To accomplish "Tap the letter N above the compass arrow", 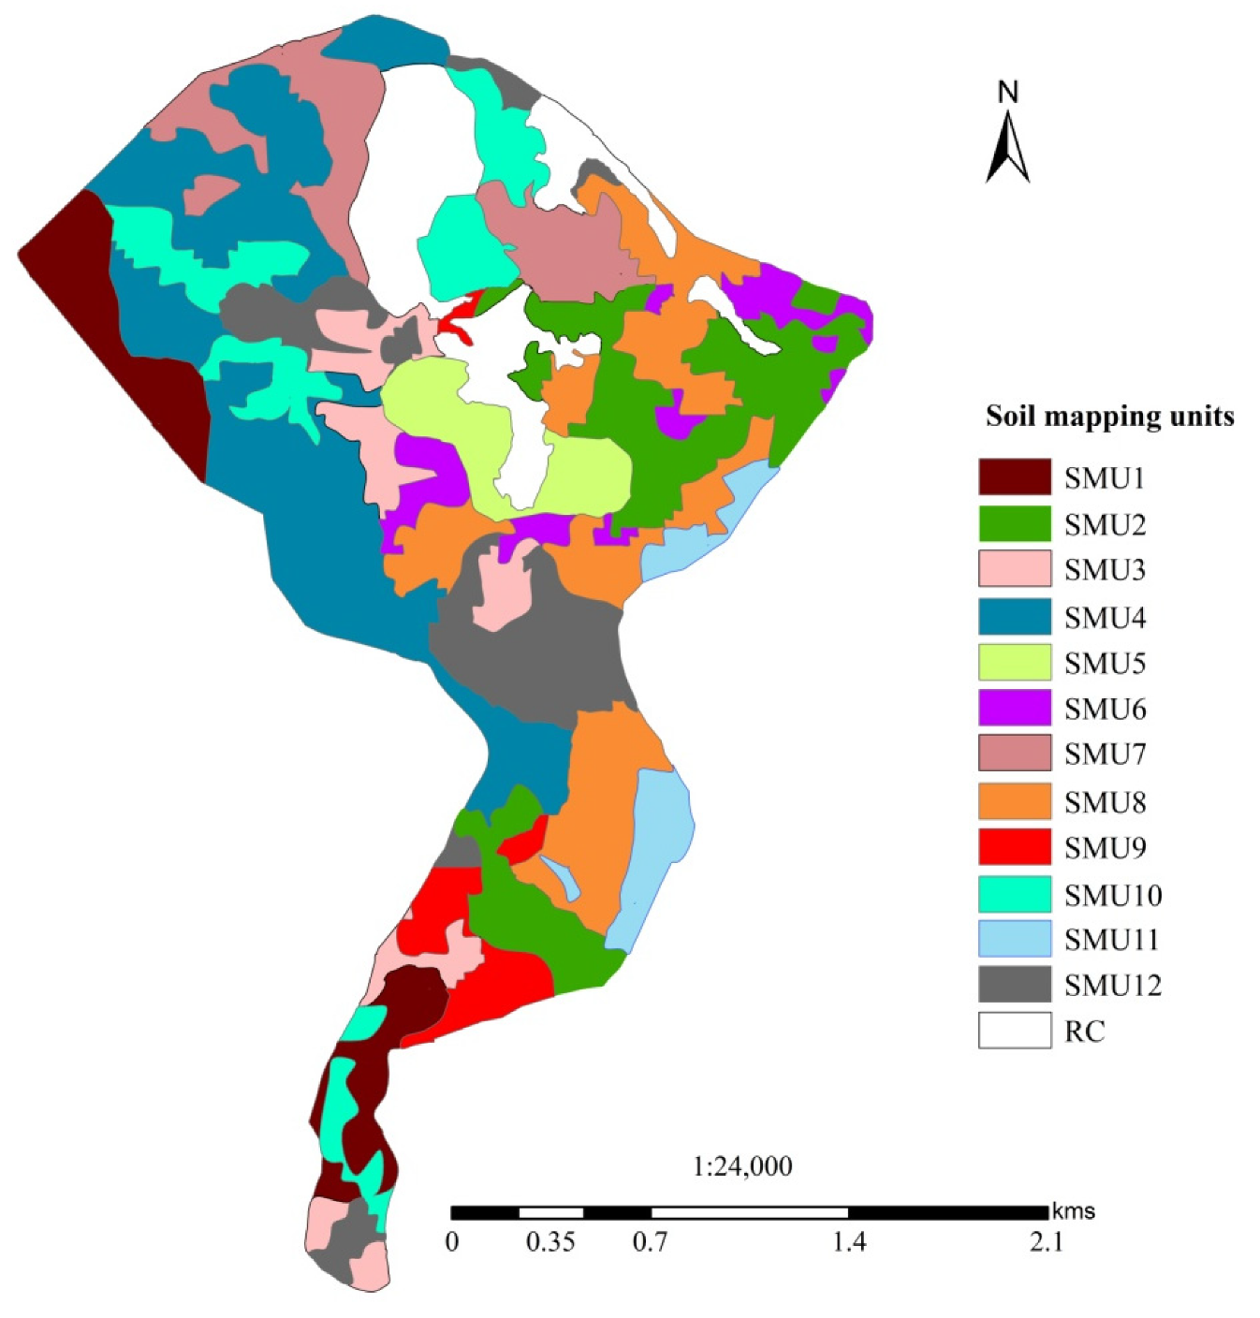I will click(x=1007, y=93).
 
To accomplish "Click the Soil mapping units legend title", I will click(x=1109, y=417).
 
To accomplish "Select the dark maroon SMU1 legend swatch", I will click(x=1015, y=477).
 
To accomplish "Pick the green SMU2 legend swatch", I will click(x=1015, y=523).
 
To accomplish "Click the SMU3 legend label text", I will click(x=1105, y=569).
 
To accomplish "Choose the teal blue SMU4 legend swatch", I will click(x=1015, y=617).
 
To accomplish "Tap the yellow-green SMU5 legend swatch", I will click(x=1015, y=663).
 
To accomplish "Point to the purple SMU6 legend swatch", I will click(x=1015, y=709).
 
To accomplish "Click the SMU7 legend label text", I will click(x=1105, y=754).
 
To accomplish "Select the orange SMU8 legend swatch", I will click(x=1015, y=801).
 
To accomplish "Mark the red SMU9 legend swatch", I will click(x=1015, y=847).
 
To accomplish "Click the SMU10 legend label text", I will click(x=1112, y=895).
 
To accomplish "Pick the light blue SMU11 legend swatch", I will click(x=1015, y=939).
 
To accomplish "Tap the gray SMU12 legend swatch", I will click(x=1015, y=985).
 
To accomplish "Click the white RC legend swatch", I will click(x=1015, y=1031).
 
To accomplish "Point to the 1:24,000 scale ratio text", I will click(x=742, y=1166).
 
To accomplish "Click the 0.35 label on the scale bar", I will click(x=550, y=1242).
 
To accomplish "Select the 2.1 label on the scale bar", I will click(x=1047, y=1242).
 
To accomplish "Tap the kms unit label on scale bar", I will click(x=1074, y=1211).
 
